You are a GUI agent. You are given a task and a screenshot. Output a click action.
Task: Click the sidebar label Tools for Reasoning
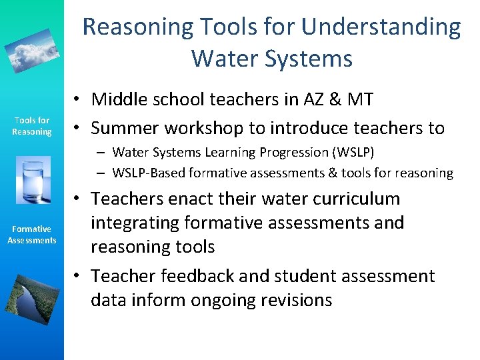tap(31, 126)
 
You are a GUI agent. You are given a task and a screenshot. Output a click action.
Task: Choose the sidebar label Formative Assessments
tap(31, 235)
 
